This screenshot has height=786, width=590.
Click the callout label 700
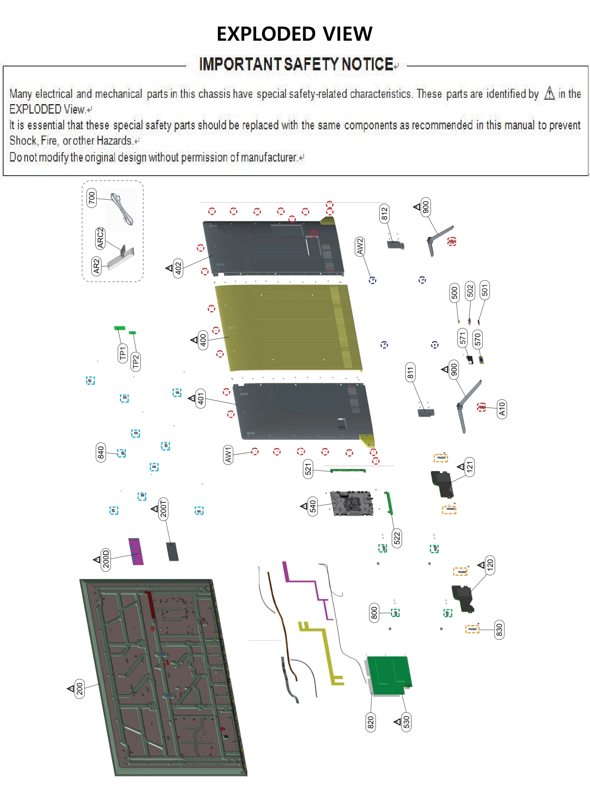click(91, 198)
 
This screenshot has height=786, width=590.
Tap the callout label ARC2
click(100, 238)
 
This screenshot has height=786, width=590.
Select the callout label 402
click(178, 268)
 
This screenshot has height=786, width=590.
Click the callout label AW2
click(360, 246)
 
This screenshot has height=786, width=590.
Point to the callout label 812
click(384, 213)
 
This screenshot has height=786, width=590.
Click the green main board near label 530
click(389, 674)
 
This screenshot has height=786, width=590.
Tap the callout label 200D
click(106, 559)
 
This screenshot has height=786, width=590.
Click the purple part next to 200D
click(135, 551)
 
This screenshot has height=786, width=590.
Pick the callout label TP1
click(123, 353)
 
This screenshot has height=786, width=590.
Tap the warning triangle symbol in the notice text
click(549, 94)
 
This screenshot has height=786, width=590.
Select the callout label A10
click(502, 409)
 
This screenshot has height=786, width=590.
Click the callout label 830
click(499, 630)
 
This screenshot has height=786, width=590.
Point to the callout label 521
click(308, 469)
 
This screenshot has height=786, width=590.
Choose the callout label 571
click(463, 338)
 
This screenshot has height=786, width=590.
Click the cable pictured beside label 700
click(122, 209)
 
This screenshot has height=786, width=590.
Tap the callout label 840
click(101, 453)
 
